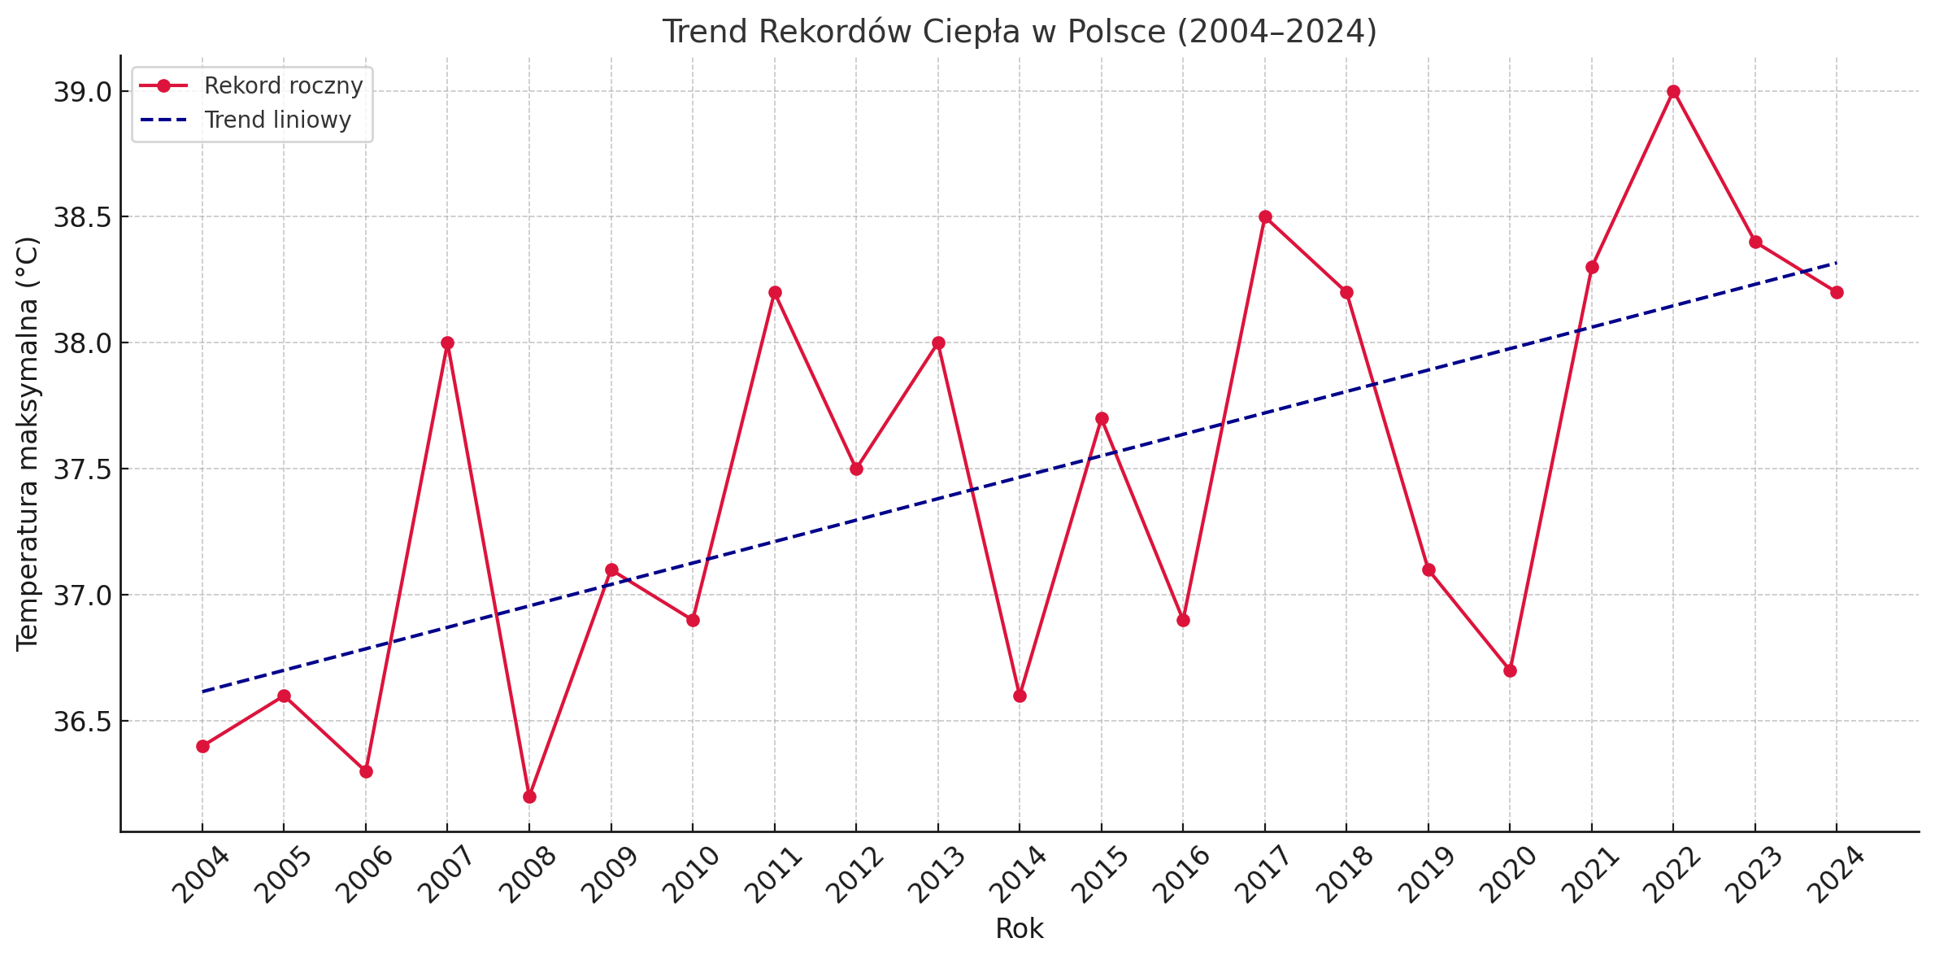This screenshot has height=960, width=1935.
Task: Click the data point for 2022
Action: (x=1673, y=92)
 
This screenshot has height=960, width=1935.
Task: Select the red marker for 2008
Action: (x=529, y=796)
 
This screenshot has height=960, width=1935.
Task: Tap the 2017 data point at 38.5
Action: (x=1265, y=217)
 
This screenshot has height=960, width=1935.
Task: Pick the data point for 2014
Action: (x=1020, y=696)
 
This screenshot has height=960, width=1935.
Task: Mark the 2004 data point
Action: (x=202, y=746)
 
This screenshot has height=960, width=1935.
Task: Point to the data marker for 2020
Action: (x=1510, y=670)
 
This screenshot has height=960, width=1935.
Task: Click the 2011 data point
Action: (x=775, y=292)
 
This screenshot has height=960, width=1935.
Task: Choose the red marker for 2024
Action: (x=1837, y=292)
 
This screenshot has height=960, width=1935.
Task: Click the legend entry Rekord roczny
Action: (x=283, y=85)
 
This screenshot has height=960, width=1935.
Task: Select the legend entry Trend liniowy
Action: (x=277, y=120)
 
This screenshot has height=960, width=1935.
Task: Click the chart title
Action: (x=1020, y=32)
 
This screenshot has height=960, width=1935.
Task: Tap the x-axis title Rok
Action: (x=1020, y=929)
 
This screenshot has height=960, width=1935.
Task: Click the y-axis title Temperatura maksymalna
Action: (x=28, y=443)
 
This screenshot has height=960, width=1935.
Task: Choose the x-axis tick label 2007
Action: (x=444, y=875)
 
